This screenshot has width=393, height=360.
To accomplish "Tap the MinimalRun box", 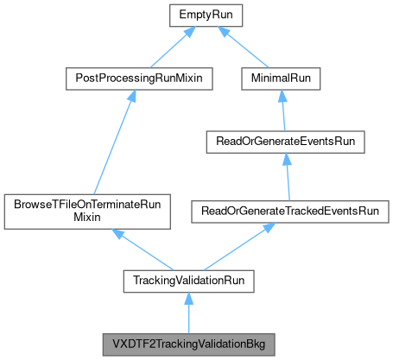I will [281, 79].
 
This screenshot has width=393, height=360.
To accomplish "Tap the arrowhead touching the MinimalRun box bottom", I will [281, 96].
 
